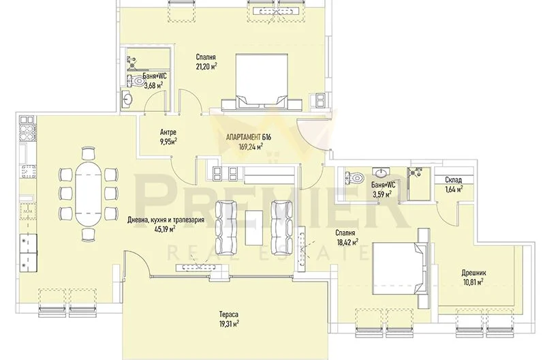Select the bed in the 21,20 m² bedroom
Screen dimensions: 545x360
pyautogui.click(x=262, y=82)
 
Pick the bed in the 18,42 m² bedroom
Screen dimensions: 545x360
pyautogui.click(x=400, y=269)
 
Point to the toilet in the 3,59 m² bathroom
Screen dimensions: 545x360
pyautogui.click(x=354, y=177)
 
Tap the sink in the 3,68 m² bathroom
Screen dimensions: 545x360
pyautogui.click(x=127, y=99)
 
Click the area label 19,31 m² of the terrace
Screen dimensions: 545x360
pyautogui.click(x=229, y=324)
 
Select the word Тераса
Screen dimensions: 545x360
pyautogui.click(x=229, y=315)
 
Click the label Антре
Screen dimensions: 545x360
pyautogui.click(x=168, y=132)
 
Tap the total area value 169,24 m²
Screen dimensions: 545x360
pyautogui.click(x=251, y=147)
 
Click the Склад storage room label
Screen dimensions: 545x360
pyautogui.click(x=454, y=180)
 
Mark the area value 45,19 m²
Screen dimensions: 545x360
pyautogui.click(x=165, y=229)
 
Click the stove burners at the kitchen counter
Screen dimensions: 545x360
pyautogui.click(x=27, y=131)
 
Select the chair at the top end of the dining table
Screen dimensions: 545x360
pyautogui.click(x=89, y=153)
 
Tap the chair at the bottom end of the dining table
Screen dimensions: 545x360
pyautogui.click(x=89, y=235)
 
